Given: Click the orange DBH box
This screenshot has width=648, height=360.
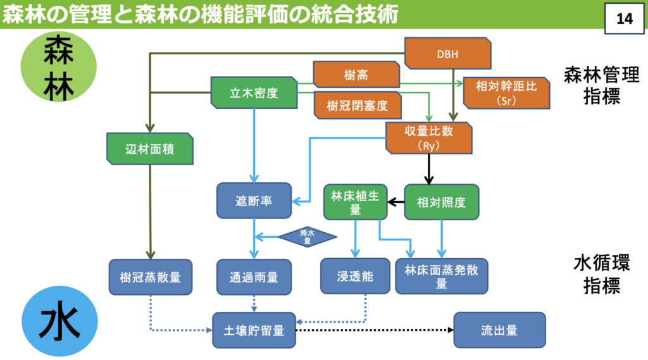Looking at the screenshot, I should [447, 54].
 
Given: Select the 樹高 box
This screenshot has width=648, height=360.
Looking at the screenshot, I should [356, 75].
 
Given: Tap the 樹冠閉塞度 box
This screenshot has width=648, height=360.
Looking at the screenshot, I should [358, 105].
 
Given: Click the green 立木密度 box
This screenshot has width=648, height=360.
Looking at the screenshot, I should [254, 93].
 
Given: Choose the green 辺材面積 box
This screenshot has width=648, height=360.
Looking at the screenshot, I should [150, 149].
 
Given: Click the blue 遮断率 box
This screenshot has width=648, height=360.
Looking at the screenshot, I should [254, 201].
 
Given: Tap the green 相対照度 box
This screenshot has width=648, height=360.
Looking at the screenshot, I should [442, 202].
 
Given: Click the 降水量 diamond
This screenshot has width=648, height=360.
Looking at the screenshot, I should [307, 237].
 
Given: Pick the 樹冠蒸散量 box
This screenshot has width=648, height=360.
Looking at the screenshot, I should [150, 276].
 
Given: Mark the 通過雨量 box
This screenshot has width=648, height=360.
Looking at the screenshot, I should [254, 276].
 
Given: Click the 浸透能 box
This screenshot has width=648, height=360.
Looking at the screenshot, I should [355, 276].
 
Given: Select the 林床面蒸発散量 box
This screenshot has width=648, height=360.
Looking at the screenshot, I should [442, 276].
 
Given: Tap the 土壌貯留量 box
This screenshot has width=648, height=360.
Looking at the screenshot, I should [254, 330].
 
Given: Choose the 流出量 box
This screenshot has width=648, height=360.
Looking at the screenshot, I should [499, 330].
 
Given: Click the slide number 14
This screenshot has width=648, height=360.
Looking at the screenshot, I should [624, 18].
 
